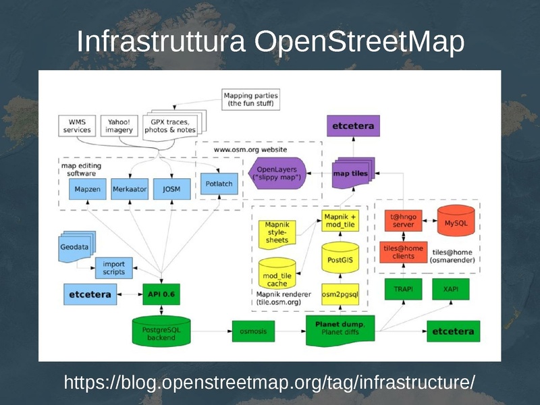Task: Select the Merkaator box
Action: click(x=129, y=190)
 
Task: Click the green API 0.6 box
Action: click(x=162, y=294)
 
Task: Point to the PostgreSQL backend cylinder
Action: click(x=161, y=331)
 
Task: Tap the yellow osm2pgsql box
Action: click(x=339, y=294)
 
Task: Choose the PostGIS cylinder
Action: click(x=339, y=259)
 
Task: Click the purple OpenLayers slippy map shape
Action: click(x=277, y=173)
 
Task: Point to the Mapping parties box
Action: click(x=250, y=100)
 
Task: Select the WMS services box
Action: click(x=77, y=126)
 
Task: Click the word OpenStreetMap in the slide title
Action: click(x=359, y=42)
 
